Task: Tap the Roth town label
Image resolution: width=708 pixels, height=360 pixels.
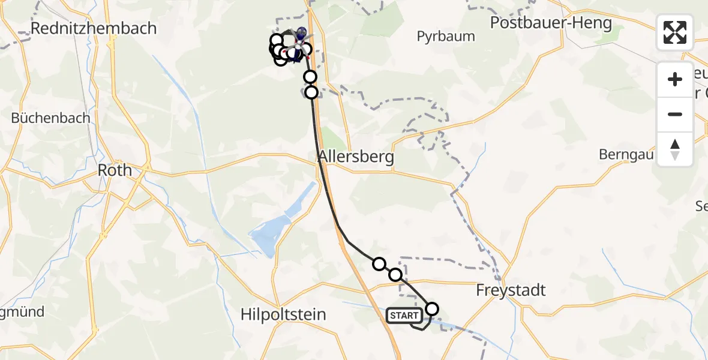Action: pyautogui.click(x=115, y=170)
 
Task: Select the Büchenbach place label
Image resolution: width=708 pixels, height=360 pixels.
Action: pyautogui.click(x=51, y=118)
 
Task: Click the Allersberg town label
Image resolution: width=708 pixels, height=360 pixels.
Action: pyautogui.click(x=356, y=157)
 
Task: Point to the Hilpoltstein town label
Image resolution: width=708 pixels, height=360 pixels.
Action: pyautogui.click(x=283, y=314)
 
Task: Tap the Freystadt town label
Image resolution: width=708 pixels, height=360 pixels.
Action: pyautogui.click(x=511, y=290)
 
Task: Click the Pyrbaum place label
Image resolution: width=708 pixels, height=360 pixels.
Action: pyautogui.click(x=446, y=37)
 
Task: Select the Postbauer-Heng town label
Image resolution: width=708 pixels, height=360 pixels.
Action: pyautogui.click(x=551, y=23)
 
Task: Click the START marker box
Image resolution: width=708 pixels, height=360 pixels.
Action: pyautogui.click(x=404, y=316)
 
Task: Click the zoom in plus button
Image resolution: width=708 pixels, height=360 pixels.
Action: pyautogui.click(x=675, y=80)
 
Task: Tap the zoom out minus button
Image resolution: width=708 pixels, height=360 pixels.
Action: pyautogui.click(x=675, y=114)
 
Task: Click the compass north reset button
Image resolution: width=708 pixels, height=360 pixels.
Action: pyautogui.click(x=675, y=149)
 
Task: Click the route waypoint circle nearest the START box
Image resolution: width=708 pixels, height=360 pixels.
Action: pyautogui.click(x=432, y=310)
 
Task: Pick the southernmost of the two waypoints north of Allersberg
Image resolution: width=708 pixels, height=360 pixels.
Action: pyautogui.click(x=311, y=92)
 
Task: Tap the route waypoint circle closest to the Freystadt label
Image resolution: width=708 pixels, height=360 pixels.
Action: pyautogui.click(x=432, y=310)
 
